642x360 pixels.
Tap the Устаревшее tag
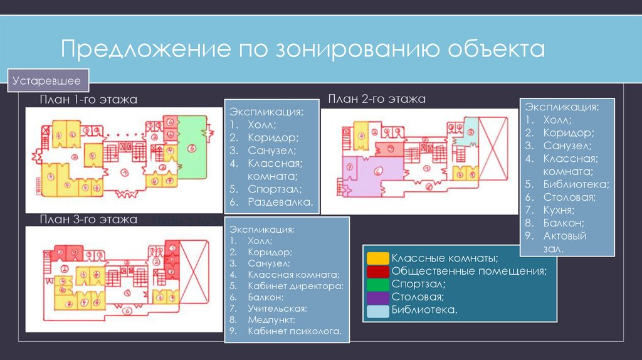click(50, 81)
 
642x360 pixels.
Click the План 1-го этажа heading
click(88, 100)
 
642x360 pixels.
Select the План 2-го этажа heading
click(376, 99)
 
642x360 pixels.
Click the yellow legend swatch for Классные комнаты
click(377, 258)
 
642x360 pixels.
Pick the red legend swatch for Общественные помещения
click(377, 271)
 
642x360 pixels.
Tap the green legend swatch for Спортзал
click(377, 284)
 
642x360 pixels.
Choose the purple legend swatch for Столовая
click(377, 297)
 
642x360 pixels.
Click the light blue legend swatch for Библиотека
click(377, 310)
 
